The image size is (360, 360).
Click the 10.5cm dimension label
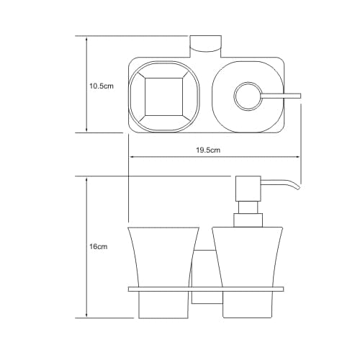tap(102, 86)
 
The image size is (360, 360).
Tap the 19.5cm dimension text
tap(208, 150)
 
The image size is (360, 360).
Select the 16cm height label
tap(99, 247)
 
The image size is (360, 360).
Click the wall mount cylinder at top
tap(206, 44)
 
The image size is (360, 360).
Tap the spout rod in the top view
tap(281, 96)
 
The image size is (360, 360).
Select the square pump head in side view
tap(248, 189)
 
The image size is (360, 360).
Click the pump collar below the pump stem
tap(248, 220)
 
